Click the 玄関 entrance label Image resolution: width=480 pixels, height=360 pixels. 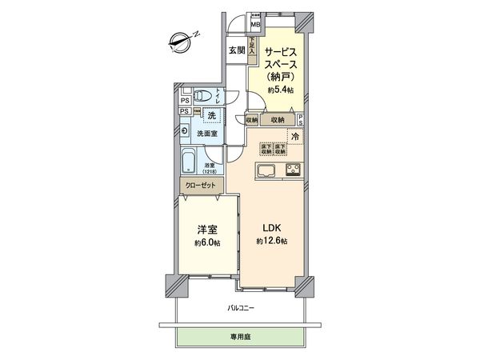click(237, 50)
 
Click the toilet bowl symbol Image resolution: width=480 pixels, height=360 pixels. click(203, 96)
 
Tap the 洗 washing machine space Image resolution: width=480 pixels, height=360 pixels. click(212, 116)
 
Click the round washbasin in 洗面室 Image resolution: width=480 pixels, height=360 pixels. click(186, 131)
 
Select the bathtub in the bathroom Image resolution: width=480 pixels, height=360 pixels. click(189, 160)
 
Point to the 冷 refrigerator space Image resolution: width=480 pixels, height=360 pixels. click(294, 136)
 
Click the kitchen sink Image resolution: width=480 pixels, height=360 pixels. click(266, 170)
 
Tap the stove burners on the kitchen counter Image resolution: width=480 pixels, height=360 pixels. click(292, 170)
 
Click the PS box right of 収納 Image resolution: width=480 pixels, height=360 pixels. click(300, 120)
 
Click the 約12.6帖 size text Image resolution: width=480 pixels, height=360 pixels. click(272, 242)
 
